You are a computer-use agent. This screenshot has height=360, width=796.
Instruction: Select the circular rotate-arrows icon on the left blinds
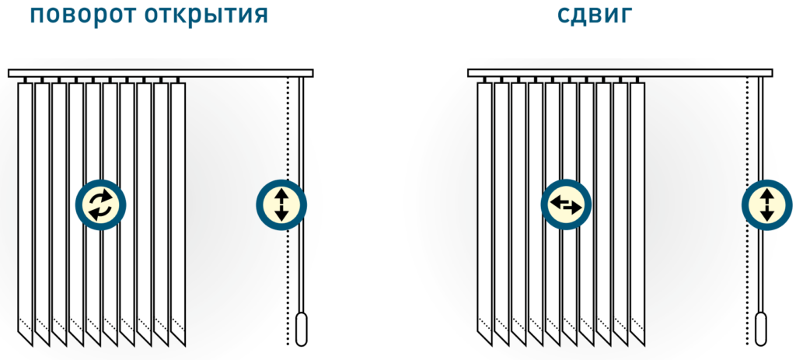100,204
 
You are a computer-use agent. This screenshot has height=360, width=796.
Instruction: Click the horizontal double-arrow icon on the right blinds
565,204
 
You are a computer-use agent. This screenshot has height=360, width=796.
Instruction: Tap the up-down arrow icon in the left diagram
281,204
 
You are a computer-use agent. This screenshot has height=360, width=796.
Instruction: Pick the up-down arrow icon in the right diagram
766,204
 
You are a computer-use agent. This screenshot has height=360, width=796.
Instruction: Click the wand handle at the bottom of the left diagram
302,328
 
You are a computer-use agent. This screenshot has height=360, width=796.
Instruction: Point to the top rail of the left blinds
160,73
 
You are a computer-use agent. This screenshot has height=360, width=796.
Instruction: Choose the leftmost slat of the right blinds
485,210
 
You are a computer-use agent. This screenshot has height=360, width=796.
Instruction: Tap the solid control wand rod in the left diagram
302,140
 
